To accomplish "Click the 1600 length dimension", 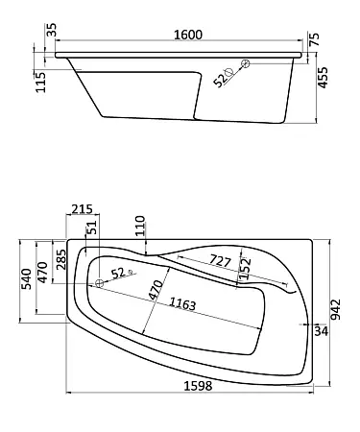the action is click(188, 35).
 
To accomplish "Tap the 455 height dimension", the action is click(323, 78).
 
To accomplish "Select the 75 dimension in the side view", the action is click(315, 39).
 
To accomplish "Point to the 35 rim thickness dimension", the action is click(51, 30).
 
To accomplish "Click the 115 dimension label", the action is click(40, 83).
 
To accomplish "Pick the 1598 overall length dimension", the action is click(198, 386).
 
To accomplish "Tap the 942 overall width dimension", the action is click(335, 310).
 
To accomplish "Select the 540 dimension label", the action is click(26, 279).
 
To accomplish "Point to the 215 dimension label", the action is click(82, 209).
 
